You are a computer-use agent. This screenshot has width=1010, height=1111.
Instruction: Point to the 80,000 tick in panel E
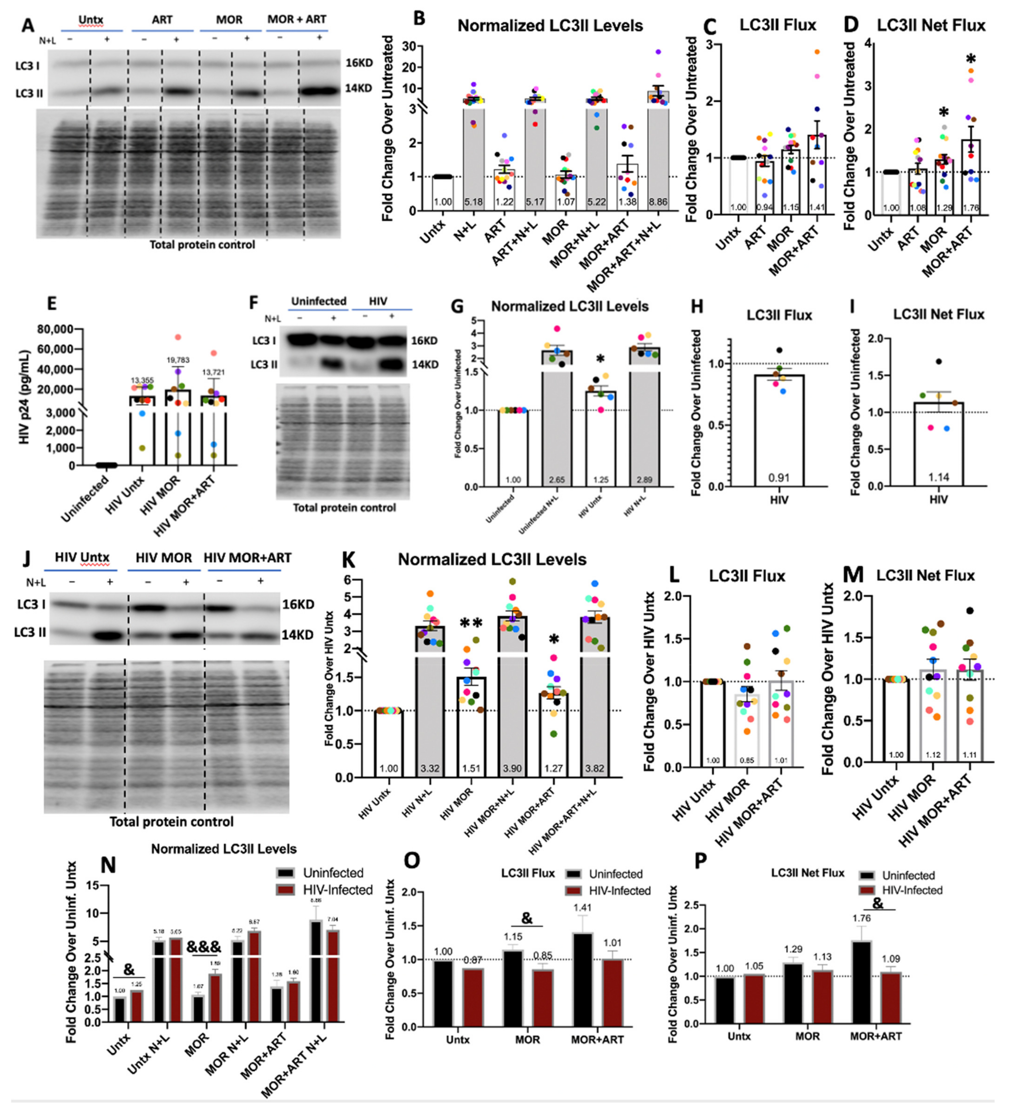55,329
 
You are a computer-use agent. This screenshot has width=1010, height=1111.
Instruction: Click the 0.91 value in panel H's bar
778,477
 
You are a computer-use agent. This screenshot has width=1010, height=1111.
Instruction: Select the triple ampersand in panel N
203,947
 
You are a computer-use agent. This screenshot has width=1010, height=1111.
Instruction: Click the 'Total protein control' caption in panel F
344,507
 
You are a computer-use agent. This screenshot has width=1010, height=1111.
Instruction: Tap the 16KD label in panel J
297,604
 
